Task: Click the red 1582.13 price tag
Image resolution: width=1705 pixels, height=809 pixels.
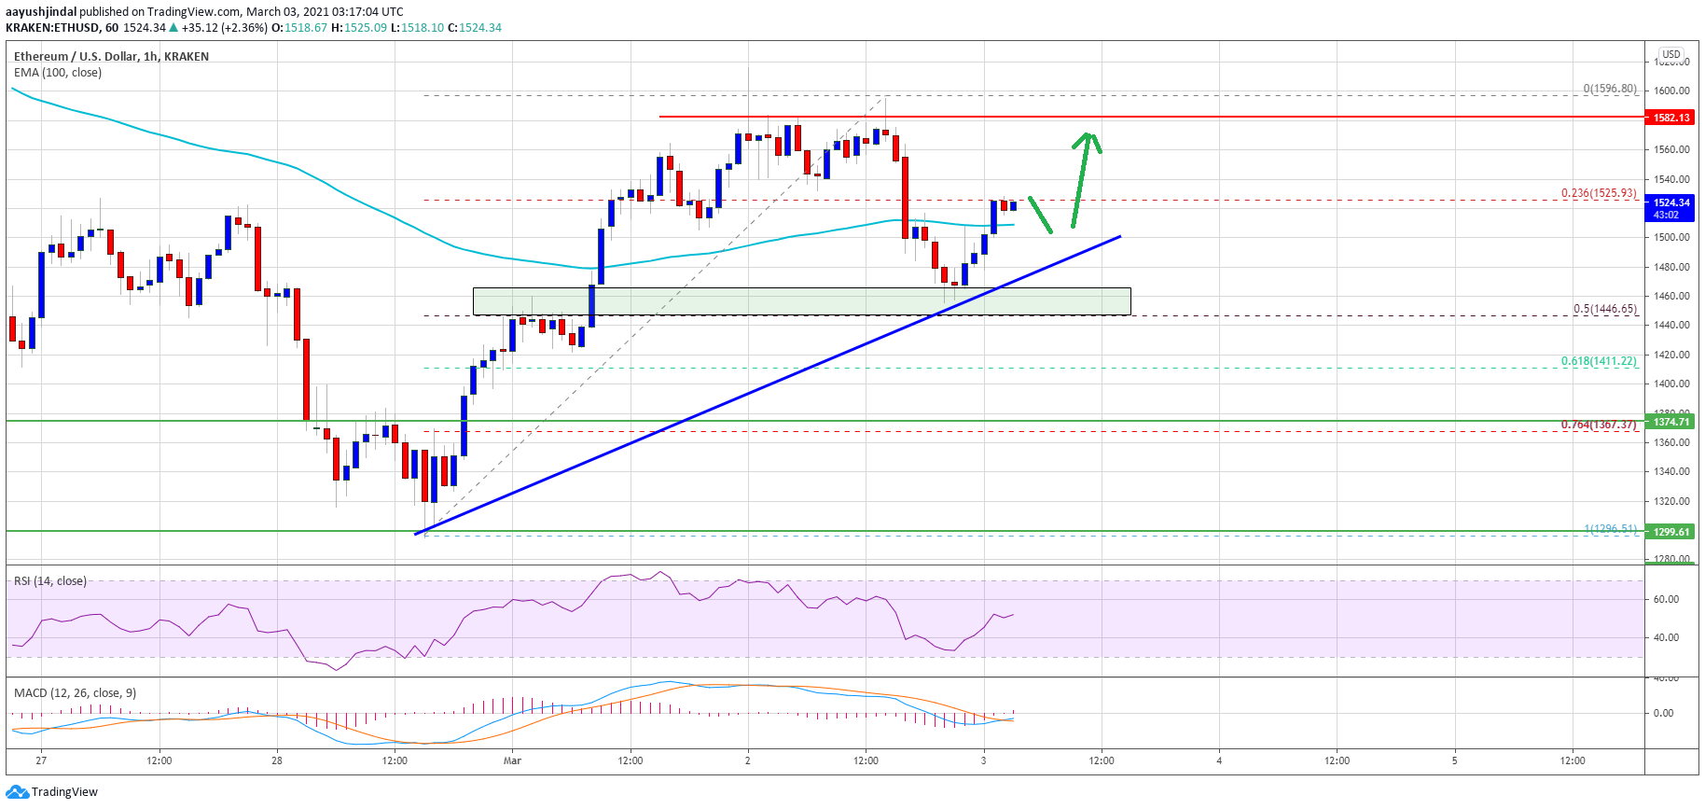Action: tap(1671, 118)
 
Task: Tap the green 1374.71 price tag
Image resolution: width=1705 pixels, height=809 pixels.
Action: tap(1671, 422)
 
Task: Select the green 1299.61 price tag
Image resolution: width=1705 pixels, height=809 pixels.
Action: tap(1671, 532)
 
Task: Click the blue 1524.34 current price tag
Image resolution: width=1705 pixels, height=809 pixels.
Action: tap(1671, 202)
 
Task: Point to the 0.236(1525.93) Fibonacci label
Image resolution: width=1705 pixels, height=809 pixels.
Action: tap(1599, 193)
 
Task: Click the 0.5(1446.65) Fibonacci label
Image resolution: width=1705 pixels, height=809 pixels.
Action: tap(1604, 309)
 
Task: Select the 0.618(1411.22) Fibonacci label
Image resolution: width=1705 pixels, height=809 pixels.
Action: tap(1599, 361)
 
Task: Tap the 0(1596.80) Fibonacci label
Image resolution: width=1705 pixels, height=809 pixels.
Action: tap(1609, 89)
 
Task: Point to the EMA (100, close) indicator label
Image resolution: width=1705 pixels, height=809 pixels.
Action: tap(58, 73)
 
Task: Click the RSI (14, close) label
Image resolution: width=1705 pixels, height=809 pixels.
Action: tap(50, 581)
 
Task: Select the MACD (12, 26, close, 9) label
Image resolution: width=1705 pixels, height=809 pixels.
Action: tap(75, 693)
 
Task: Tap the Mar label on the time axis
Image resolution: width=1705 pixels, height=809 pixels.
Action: tap(512, 760)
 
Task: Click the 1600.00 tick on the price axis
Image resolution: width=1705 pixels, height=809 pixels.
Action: tap(1671, 91)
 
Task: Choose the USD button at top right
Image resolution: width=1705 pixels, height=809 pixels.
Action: tap(1671, 54)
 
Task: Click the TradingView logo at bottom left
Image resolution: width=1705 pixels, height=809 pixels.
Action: tap(52, 792)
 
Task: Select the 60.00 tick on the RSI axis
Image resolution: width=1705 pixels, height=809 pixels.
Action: tap(1666, 599)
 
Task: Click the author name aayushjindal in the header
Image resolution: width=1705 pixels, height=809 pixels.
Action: tap(41, 12)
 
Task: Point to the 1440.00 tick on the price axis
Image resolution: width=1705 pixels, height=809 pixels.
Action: tap(1671, 325)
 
